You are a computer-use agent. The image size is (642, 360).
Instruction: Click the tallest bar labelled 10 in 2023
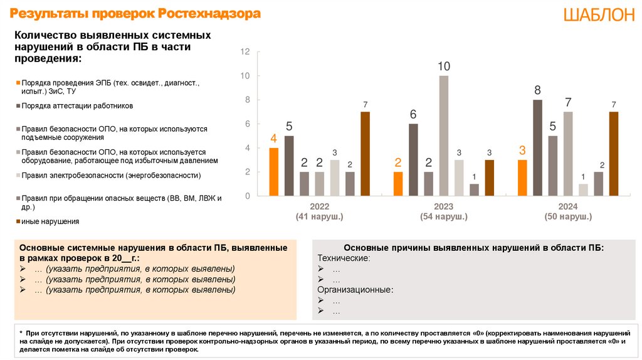[444, 135]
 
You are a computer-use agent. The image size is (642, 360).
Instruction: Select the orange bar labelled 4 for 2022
[273, 172]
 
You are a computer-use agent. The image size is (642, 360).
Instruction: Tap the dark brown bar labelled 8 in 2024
[537, 147]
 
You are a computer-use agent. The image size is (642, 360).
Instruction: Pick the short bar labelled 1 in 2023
[475, 189]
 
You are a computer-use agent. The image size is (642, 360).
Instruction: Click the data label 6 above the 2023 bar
[413, 115]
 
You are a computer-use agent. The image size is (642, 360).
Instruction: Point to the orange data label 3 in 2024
[522, 151]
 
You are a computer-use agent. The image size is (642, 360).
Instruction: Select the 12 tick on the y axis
[245, 51]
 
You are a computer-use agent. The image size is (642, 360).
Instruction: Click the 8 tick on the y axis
[247, 100]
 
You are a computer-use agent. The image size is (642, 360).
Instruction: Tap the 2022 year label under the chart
[319, 206]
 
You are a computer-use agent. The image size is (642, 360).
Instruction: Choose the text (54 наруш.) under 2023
[444, 216]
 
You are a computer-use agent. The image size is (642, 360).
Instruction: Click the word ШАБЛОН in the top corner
[599, 16]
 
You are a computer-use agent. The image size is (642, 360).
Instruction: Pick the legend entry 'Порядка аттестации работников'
[77, 106]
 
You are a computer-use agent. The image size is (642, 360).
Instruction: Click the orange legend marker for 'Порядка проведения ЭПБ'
[18, 83]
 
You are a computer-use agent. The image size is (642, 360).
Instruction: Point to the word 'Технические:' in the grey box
[344, 258]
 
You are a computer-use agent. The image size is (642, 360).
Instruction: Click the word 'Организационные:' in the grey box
[355, 290]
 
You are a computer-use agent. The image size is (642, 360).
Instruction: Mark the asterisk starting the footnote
[21, 331]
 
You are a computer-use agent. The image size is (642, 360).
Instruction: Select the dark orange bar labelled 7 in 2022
[365, 154]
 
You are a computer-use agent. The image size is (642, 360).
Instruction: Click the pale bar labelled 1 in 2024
[583, 189]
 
